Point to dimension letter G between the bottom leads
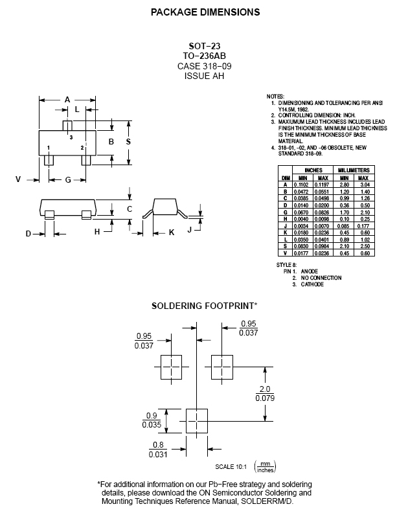point(67,179)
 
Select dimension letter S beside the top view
point(128,141)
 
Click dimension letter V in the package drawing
point(18,179)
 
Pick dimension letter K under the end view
point(172,231)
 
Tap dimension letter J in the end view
point(189,229)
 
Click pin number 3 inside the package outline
point(71,139)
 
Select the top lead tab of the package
point(67,124)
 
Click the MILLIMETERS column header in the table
point(354,170)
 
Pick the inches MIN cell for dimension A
point(302,185)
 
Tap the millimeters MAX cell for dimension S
point(363,246)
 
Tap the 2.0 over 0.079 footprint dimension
point(265,393)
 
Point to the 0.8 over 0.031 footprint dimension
point(158,449)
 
